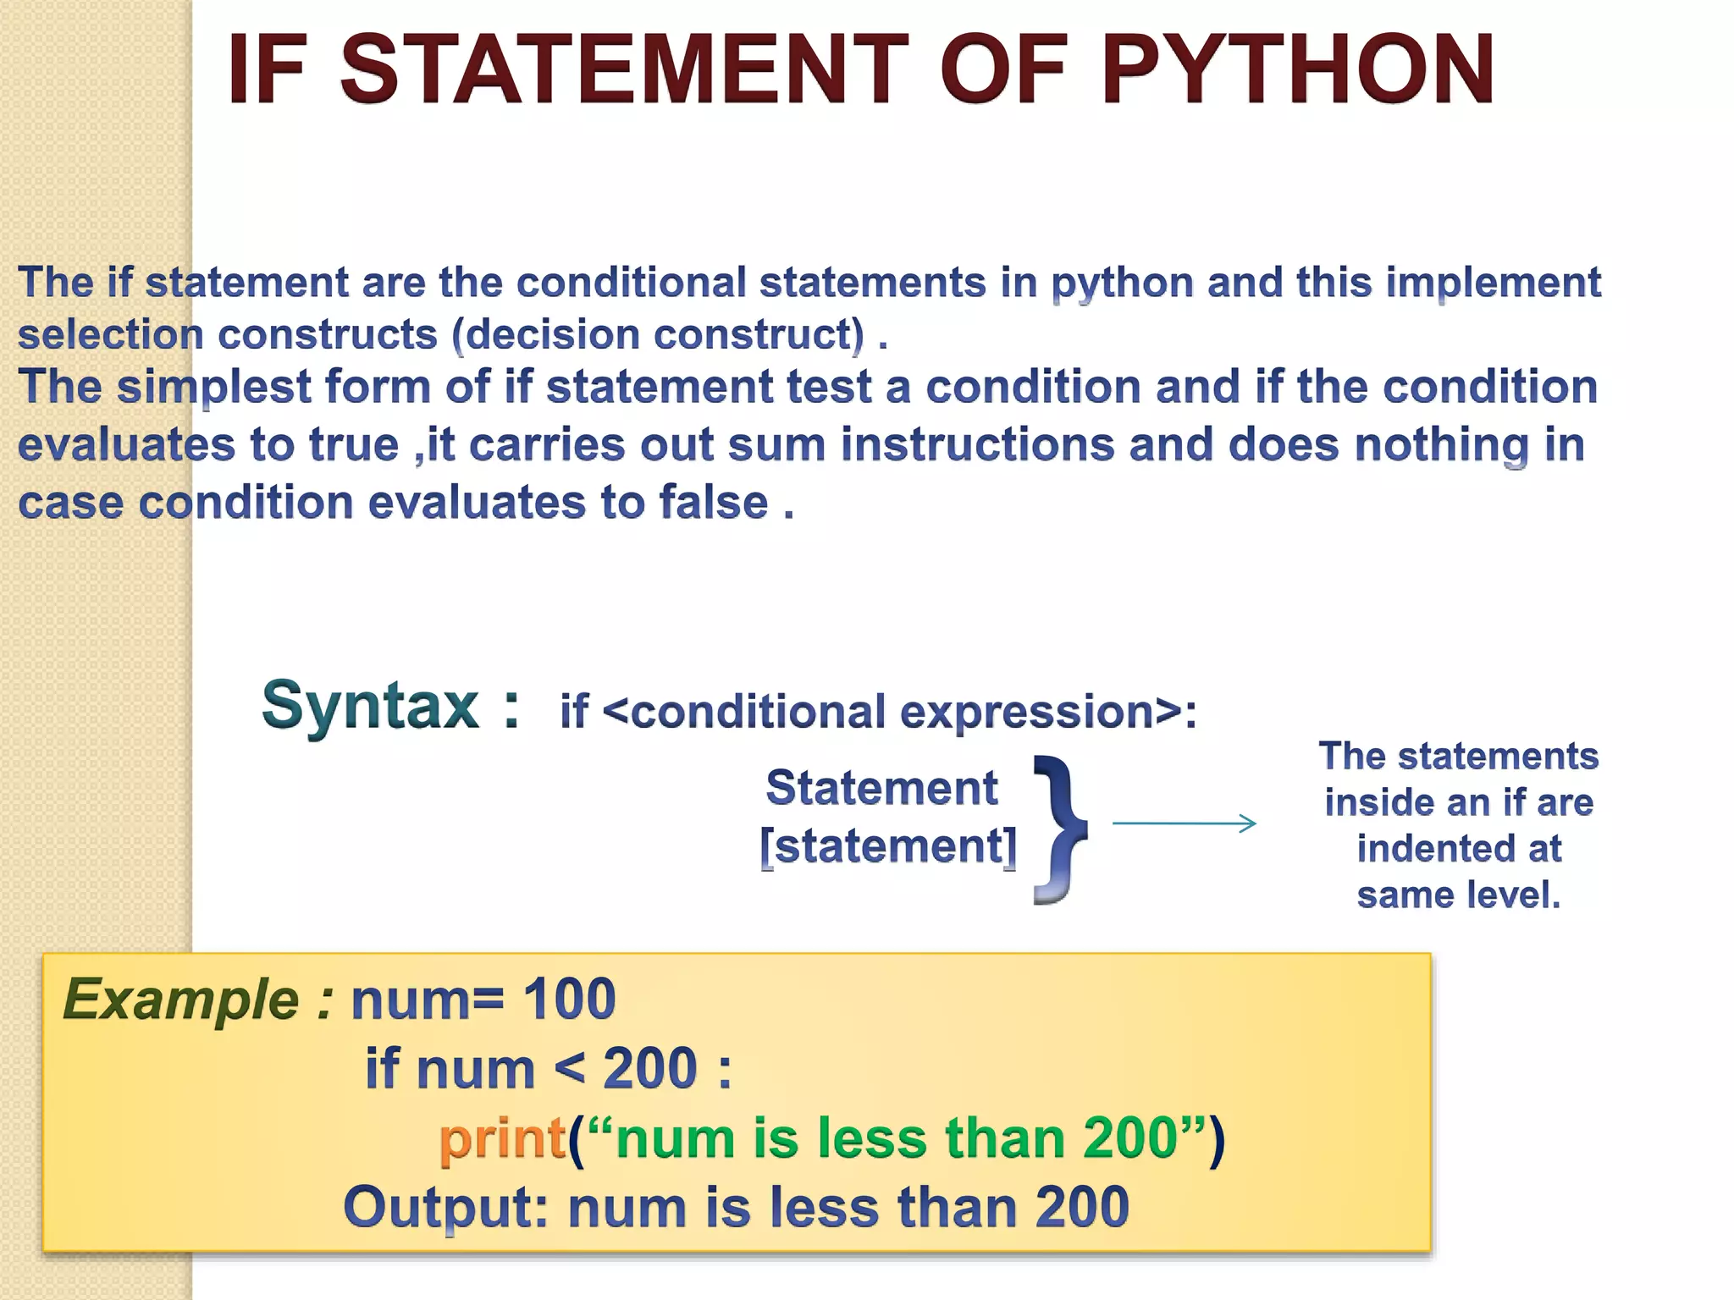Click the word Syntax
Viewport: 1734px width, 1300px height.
click(370, 705)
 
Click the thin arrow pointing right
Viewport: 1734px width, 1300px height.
click(1184, 823)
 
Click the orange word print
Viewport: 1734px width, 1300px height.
click(502, 1137)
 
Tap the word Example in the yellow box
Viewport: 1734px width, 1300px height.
click(180, 999)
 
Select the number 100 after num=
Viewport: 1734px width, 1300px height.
click(568, 999)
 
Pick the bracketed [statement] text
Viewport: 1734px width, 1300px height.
click(888, 846)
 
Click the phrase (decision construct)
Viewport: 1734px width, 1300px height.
click(659, 334)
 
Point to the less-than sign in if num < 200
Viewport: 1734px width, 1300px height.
click(570, 1068)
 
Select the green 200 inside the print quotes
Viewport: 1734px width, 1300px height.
click(1129, 1137)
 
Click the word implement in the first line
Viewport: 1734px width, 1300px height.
click(1493, 283)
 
